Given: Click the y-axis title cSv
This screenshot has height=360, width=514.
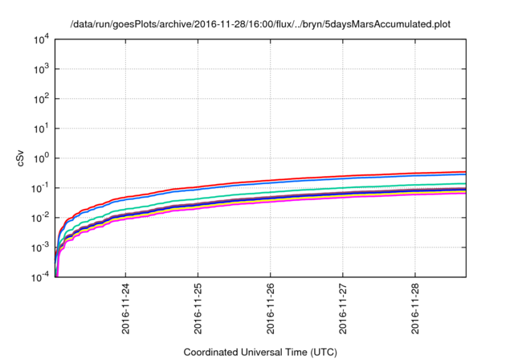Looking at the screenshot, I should (22, 158).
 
